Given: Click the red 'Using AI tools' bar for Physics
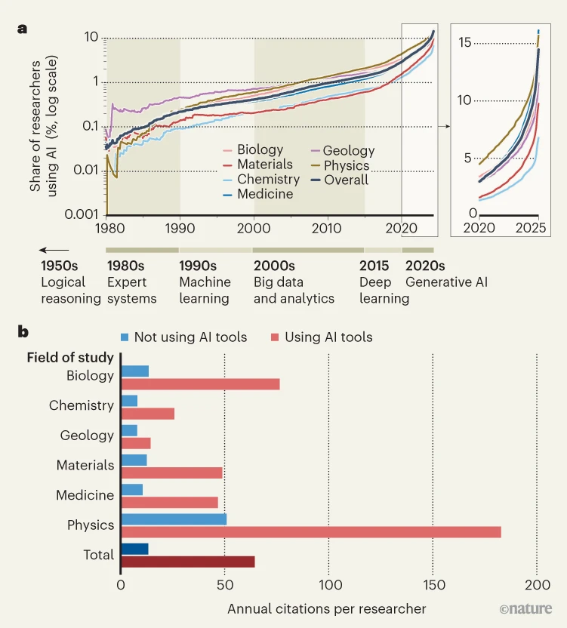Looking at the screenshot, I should (310, 531).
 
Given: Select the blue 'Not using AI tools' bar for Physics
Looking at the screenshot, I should (174, 519).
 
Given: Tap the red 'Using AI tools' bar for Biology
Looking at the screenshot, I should (200, 383).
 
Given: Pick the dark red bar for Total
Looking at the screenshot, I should (187, 562).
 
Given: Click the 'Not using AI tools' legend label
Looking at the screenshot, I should (190, 337).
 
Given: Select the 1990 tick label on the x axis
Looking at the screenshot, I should (180, 228).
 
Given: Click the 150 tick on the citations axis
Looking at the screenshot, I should (433, 585).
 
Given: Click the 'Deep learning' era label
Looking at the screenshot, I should (384, 291).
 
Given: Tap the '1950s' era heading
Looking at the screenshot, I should (60, 266).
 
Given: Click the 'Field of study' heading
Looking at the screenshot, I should (70, 358).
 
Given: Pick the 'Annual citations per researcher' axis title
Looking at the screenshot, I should (326, 608).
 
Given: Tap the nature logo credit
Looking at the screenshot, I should (525, 608).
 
